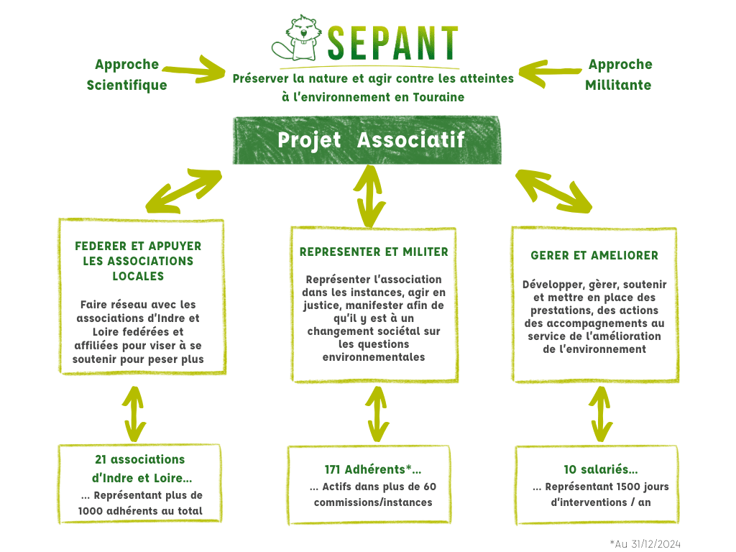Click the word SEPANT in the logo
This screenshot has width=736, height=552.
(x=392, y=43)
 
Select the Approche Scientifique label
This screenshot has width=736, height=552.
(x=126, y=75)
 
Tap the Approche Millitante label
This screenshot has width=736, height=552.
(x=619, y=75)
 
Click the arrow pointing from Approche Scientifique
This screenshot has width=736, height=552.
(x=193, y=70)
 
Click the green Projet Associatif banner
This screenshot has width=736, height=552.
(x=367, y=140)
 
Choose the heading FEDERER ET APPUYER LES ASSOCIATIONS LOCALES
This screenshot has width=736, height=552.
(x=138, y=261)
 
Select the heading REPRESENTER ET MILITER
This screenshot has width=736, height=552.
(x=374, y=252)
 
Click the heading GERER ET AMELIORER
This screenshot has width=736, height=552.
(x=594, y=256)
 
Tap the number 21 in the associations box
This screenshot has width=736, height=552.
(x=101, y=459)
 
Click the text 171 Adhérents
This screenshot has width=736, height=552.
(x=364, y=469)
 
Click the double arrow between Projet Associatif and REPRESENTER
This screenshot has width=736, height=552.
(x=369, y=196)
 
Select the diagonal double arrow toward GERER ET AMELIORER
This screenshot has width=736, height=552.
(x=553, y=191)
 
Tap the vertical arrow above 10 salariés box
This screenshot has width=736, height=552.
(x=601, y=414)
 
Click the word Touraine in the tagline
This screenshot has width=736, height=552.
(x=438, y=97)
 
